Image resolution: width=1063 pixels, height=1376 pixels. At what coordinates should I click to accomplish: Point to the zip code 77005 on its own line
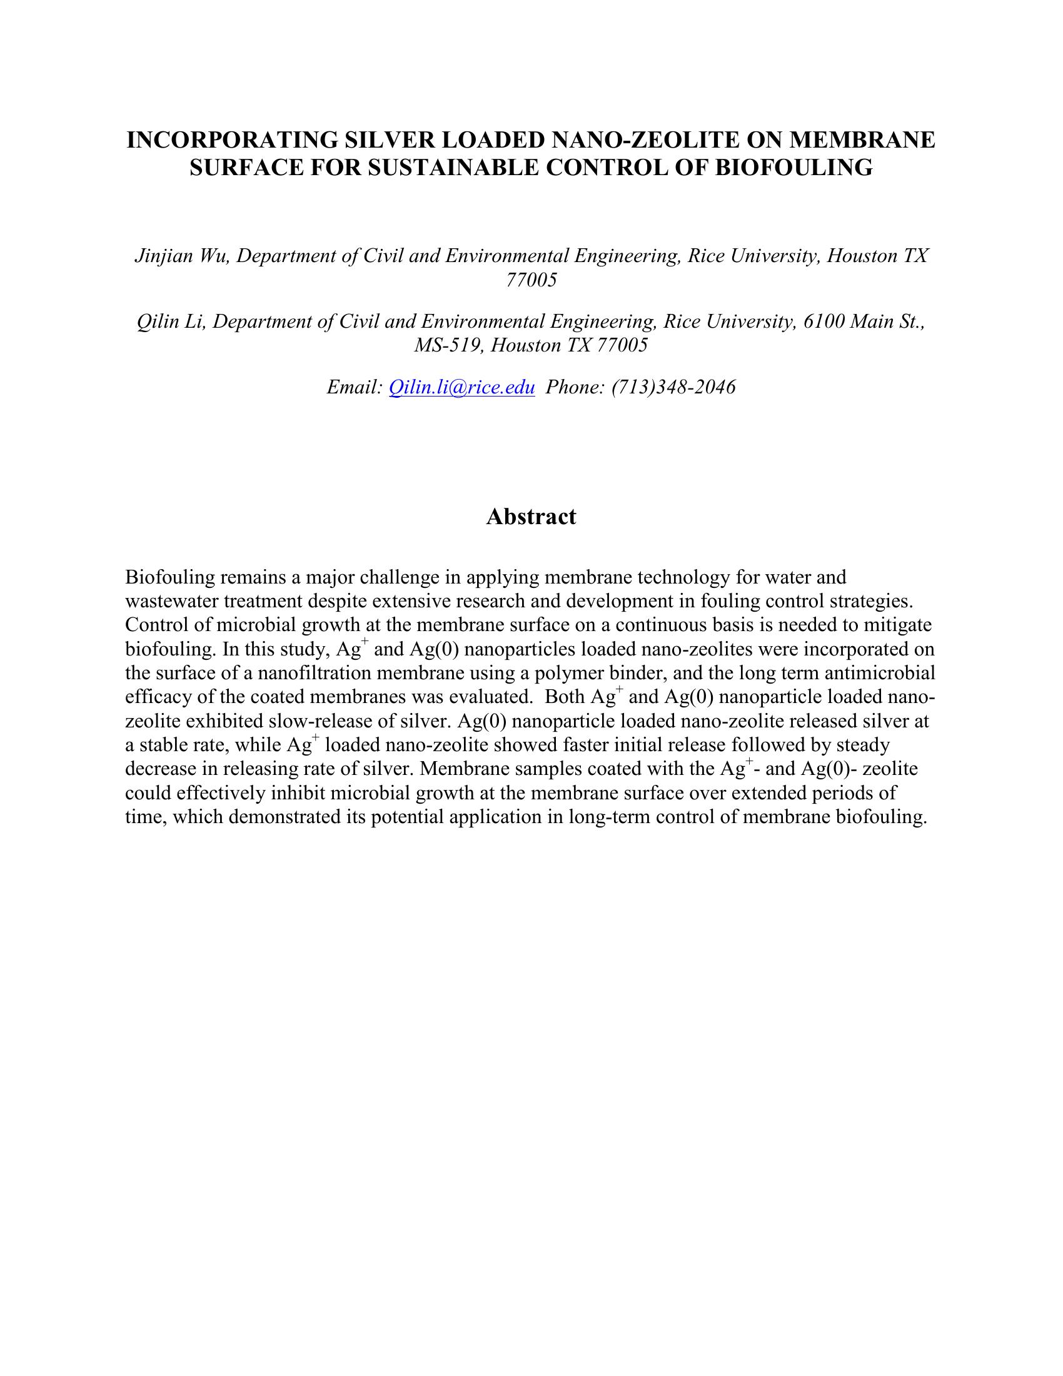[x=531, y=280]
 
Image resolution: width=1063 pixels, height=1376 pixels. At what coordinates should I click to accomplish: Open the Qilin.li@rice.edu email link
[x=462, y=387]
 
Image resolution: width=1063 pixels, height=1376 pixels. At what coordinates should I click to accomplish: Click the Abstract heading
[x=531, y=517]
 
